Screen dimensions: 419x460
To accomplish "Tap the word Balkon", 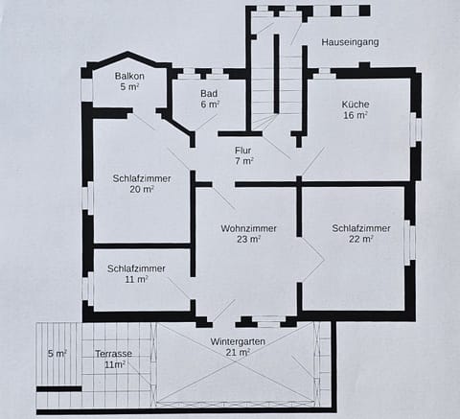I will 129,76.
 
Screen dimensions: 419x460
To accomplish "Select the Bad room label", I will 209,93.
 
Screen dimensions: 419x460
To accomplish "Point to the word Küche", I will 356,104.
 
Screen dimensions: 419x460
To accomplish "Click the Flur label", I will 244,150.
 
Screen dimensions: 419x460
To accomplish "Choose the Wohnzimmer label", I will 248,228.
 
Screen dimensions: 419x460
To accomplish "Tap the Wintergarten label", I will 238,341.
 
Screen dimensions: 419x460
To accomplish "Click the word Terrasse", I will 114,354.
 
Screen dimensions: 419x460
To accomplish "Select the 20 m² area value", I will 141,190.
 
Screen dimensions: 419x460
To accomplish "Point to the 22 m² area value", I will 361,239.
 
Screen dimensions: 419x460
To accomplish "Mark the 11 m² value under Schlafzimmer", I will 135,280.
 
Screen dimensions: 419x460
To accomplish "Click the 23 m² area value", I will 248,240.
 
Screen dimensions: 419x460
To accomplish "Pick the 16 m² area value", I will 356,115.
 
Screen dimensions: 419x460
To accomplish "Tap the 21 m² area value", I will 238,352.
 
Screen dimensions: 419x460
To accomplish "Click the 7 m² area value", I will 244,161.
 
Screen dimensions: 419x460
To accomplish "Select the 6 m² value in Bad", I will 209,104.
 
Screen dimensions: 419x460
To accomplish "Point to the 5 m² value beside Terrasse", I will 57,354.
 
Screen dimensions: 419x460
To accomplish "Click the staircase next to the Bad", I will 275,77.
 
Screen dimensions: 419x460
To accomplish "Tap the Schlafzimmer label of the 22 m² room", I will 361,228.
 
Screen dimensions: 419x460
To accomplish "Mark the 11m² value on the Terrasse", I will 115,365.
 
